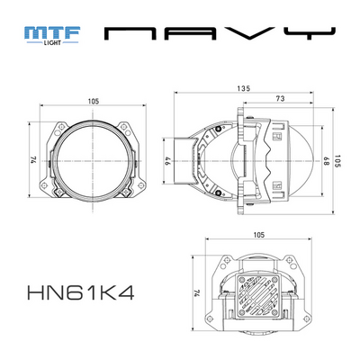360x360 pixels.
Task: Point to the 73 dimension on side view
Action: tap(281, 99)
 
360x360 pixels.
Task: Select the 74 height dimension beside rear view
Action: tap(196, 293)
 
